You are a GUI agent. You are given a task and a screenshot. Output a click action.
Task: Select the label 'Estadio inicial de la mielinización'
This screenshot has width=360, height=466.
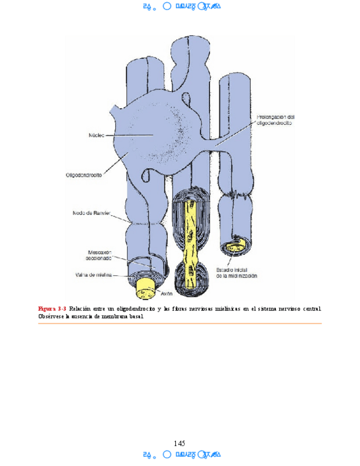click(x=237, y=273)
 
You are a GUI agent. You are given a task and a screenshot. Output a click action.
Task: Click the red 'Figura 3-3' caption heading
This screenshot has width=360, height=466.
click(x=52, y=308)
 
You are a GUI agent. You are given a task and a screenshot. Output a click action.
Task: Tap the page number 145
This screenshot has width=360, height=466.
click(x=180, y=443)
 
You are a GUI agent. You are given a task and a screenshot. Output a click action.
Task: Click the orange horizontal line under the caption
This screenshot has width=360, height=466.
click(x=180, y=323)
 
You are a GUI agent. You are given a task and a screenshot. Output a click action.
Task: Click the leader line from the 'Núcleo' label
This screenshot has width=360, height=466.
click(x=121, y=135)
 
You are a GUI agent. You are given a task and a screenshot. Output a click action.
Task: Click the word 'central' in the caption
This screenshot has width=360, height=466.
click(x=309, y=308)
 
